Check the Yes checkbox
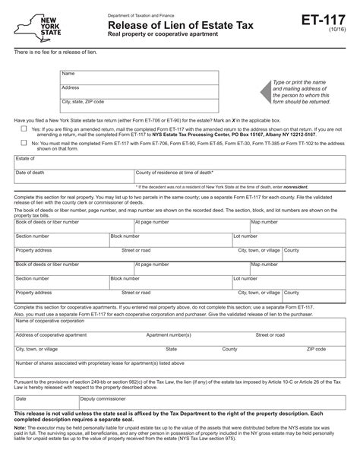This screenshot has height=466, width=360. [24, 128]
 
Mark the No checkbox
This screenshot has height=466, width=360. [24, 142]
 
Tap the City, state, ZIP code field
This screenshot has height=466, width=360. [141, 105]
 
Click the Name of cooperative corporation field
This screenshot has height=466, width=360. [182, 325]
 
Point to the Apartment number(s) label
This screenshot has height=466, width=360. [169, 334]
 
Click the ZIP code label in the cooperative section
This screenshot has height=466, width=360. [316, 349]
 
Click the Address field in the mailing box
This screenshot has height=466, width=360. [141, 90]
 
